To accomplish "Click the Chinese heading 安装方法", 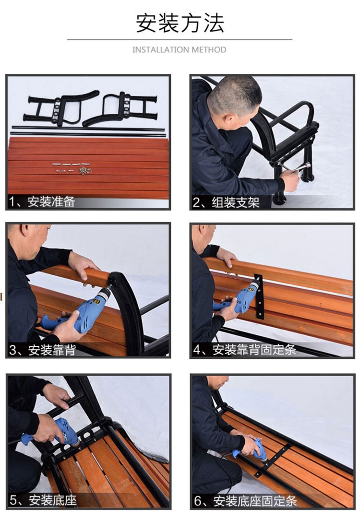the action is [180, 23].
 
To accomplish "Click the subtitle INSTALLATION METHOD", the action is [179, 50].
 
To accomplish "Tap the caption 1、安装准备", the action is [42, 201].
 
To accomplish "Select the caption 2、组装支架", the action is [226, 202].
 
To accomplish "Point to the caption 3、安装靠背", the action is [42, 350].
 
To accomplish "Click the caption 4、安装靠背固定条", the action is [244, 350].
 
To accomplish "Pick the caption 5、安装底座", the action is [43, 500].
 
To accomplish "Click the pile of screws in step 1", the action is [85, 171].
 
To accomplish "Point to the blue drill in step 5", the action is [57, 432].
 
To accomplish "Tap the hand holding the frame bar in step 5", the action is [57, 396].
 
